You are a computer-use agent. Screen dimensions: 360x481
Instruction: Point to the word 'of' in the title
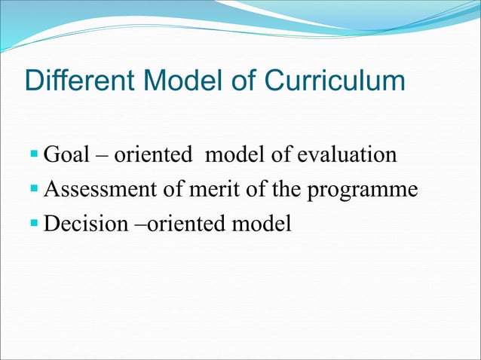(243, 81)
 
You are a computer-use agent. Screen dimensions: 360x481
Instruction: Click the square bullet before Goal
(35, 156)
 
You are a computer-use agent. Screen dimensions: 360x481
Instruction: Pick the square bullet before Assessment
(35, 190)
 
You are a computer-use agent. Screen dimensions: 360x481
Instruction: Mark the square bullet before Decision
(35, 224)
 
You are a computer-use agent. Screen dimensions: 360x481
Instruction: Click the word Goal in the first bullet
(69, 157)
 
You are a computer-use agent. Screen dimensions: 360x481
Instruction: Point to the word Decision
(86, 224)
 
